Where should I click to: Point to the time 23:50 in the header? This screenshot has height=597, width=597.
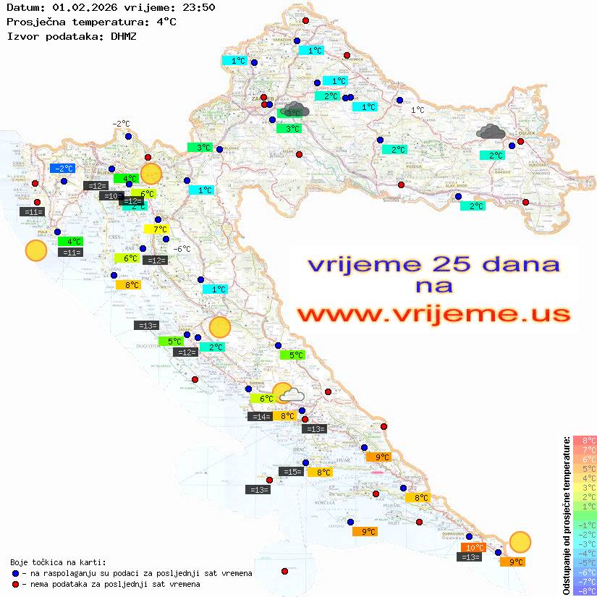point(198,8)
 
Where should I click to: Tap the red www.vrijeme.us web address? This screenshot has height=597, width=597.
point(433,314)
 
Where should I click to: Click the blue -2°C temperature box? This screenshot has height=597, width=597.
point(62,169)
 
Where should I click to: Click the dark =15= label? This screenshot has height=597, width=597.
point(292,472)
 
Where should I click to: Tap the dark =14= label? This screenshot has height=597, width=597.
point(260,416)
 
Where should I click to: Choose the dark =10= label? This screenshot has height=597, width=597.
point(111,196)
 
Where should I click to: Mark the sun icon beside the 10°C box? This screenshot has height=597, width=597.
point(520,541)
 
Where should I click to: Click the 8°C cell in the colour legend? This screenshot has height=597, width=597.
point(585,440)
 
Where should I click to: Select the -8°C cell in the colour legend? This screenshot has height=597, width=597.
point(585,590)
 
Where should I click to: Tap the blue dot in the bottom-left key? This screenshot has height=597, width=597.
point(15,573)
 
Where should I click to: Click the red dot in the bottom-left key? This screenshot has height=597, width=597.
point(15,584)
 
